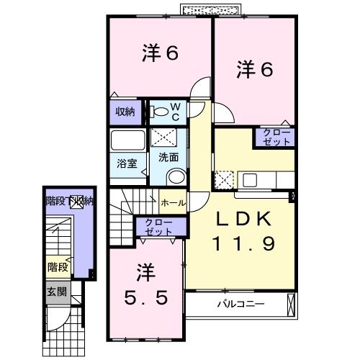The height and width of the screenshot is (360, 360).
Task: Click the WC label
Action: pos(175,112)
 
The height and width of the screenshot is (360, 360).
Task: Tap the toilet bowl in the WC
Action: pos(158,112)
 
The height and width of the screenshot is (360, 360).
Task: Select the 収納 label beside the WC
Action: pos(125,112)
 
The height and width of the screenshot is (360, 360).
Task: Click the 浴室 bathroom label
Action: pos(127,163)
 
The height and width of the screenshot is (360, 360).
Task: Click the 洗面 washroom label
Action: pos(168,156)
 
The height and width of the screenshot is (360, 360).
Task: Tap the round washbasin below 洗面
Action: pos(174,177)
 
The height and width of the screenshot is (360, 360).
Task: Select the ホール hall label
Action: pos(173,203)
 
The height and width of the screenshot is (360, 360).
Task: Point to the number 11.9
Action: pos(243,245)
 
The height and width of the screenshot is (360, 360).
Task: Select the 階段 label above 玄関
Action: pos(58,267)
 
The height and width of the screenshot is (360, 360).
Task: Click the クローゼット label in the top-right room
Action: pos(274,138)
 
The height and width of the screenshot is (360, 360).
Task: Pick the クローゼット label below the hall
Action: pos(158,228)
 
